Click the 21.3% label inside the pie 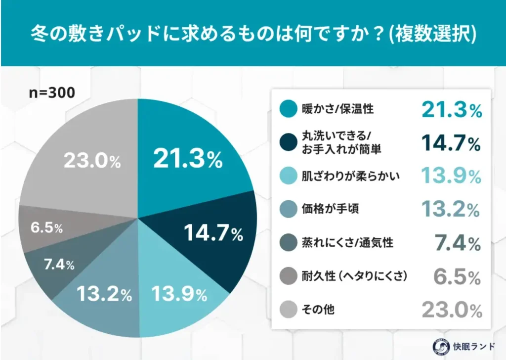[x=187, y=158]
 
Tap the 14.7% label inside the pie [x=213, y=233]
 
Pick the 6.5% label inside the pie [x=46, y=228]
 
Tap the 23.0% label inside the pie [x=92, y=161]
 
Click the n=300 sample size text [x=52, y=92]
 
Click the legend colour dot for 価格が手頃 [x=288, y=209]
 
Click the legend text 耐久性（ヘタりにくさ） [x=354, y=276]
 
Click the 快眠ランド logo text [x=469, y=346]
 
